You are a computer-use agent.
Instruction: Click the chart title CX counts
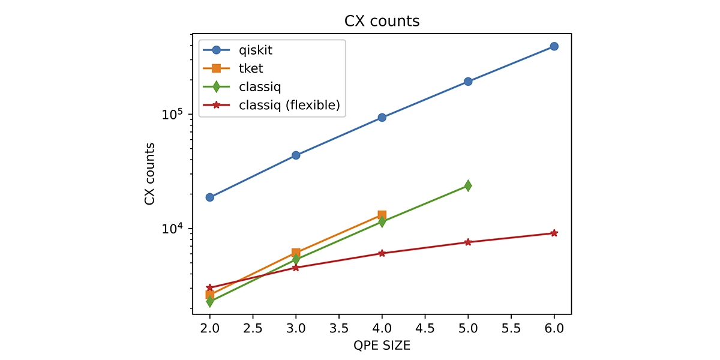[x=382, y=21]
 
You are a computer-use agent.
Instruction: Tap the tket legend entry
[x=250, y=68]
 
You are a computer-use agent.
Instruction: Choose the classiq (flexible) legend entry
[x=289, y=105]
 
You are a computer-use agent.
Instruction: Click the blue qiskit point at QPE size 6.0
[x=554, y=46]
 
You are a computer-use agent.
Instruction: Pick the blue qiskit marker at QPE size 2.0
[x=210, y=197]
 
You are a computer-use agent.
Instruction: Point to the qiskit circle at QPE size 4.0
[x=382, y=118]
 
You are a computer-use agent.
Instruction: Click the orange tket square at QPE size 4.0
[x=382, y=215]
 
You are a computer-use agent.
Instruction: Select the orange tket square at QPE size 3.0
[x=296, y=253]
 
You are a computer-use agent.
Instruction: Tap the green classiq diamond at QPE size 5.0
[x=468, y=186]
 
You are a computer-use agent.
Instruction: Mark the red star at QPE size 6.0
[x=554, y=233]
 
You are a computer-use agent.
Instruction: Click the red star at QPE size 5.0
[x=468, y=242]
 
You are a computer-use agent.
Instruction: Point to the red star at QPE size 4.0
[x=382, y=253]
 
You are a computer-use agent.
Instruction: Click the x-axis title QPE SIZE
[x=382, y=346]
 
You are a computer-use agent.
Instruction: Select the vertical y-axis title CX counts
[x=149, y=174]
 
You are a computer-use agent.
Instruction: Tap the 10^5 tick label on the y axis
[x=173, y=114]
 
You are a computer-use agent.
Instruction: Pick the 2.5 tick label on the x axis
[x=253, y=328]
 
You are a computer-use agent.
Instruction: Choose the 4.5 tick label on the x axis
[x=425, y=328]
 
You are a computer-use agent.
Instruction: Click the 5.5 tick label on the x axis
[x=511, y=328]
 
